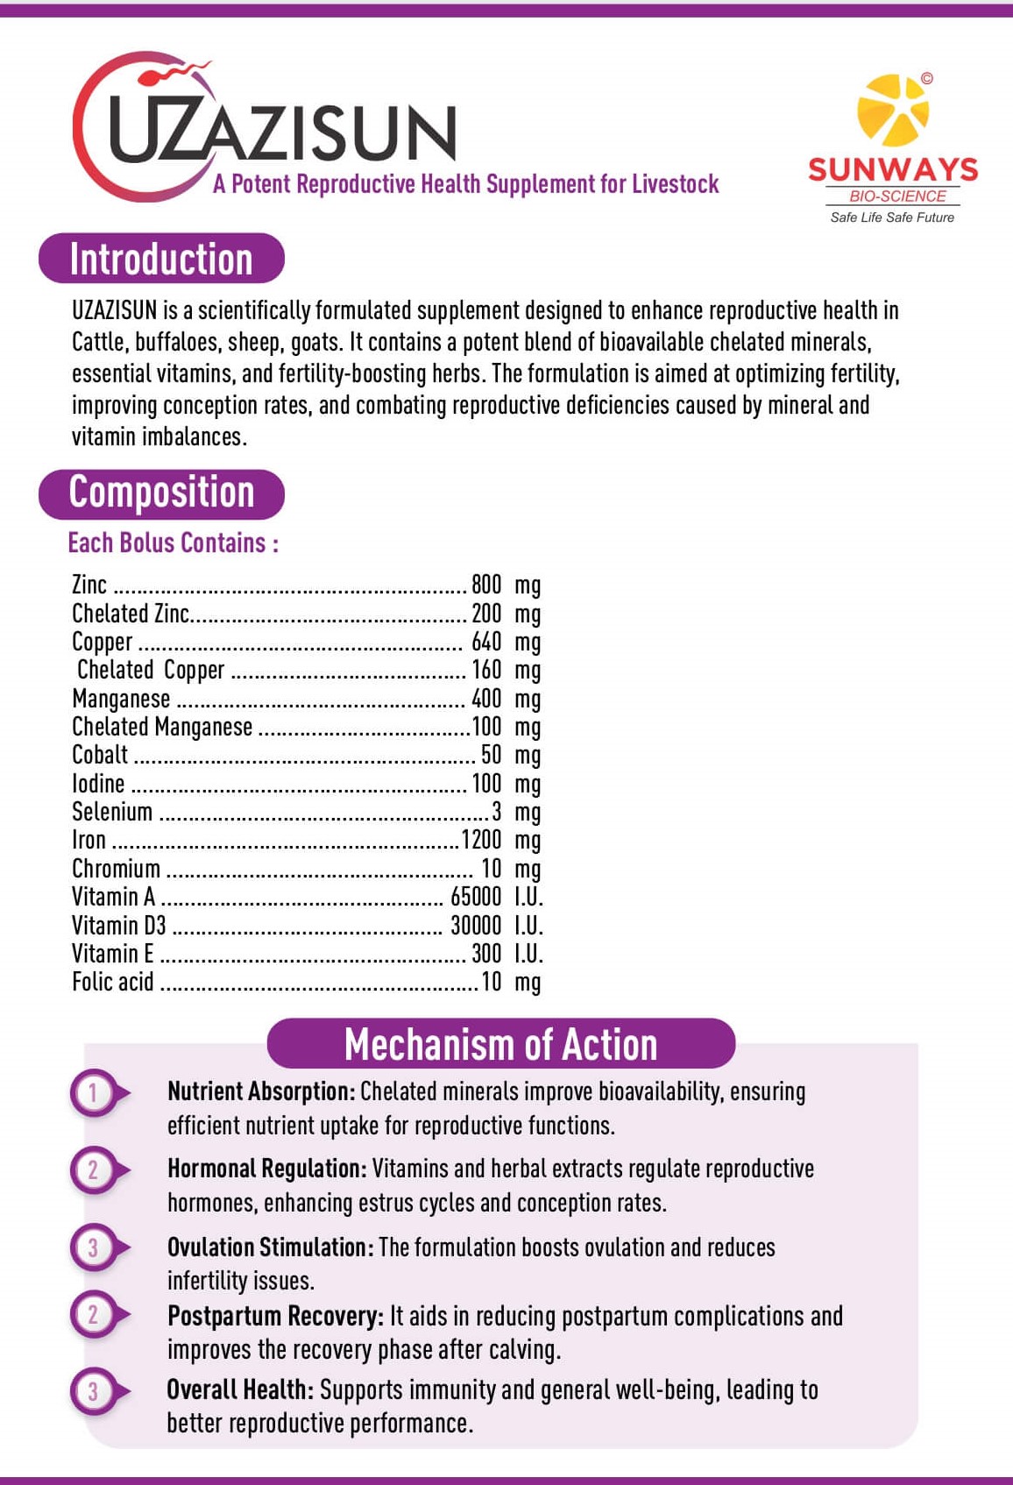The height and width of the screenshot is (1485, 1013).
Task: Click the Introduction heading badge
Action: coord(161,259)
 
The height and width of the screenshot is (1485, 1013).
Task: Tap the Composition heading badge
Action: coord(161,493)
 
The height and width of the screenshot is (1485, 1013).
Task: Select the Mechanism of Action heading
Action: coord(500,1044)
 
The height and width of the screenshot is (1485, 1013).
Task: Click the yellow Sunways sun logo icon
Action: coord(892,110)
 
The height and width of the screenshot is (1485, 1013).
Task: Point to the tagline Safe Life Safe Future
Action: coord(892,217)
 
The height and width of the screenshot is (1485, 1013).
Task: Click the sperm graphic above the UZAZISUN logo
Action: coord(180,71)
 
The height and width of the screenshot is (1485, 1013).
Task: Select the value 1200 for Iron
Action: coord(481,840)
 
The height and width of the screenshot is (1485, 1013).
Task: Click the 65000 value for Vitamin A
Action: coord(476,897)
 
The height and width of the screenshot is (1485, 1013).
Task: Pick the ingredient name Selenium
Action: coord(112,812)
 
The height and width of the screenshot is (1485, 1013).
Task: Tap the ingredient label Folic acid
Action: coord(112,982)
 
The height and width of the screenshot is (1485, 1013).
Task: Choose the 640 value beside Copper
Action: coord(486,642)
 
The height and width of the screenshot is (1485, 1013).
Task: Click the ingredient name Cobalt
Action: coord(100,755)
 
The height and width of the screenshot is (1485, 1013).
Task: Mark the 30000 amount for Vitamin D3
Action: coord(476,926)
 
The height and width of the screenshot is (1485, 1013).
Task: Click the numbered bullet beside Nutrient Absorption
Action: coord(95,1093)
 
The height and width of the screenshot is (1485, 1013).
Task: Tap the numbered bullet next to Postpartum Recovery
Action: coord(95,1314)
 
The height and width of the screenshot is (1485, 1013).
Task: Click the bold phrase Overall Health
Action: coord(239,1389)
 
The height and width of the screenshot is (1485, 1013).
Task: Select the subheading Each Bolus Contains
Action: coord(173,544)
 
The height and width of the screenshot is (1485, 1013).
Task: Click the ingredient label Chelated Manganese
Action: coord(162,727)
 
